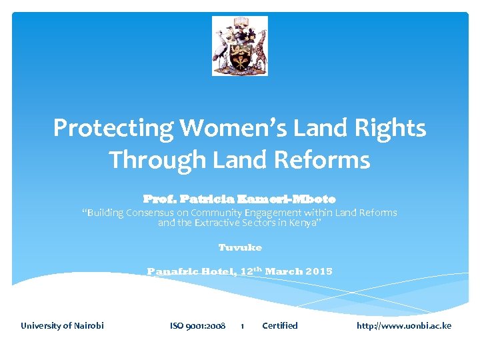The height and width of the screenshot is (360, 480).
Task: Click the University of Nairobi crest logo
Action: tap(240, 46)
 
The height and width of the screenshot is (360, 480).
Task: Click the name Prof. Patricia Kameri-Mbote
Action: tap(239, 199)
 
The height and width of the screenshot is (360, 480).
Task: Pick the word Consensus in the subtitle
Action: tap(154, 213)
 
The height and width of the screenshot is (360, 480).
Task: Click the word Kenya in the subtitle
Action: tap(304, 222)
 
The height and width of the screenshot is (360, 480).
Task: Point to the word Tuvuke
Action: tap(240, 247)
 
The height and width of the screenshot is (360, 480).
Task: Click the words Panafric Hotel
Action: tap(177, 271)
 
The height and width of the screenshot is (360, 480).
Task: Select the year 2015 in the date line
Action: tap(319, 271)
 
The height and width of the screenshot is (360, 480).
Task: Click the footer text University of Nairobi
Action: tap(62, 325)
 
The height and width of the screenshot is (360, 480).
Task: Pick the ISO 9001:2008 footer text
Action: tap(197, 325)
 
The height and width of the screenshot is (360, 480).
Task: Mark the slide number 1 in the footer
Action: tap(242, 326)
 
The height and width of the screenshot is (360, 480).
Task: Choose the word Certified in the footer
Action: tap(280, 325)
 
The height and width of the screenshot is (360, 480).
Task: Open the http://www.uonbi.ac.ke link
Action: tap(404, 325)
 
